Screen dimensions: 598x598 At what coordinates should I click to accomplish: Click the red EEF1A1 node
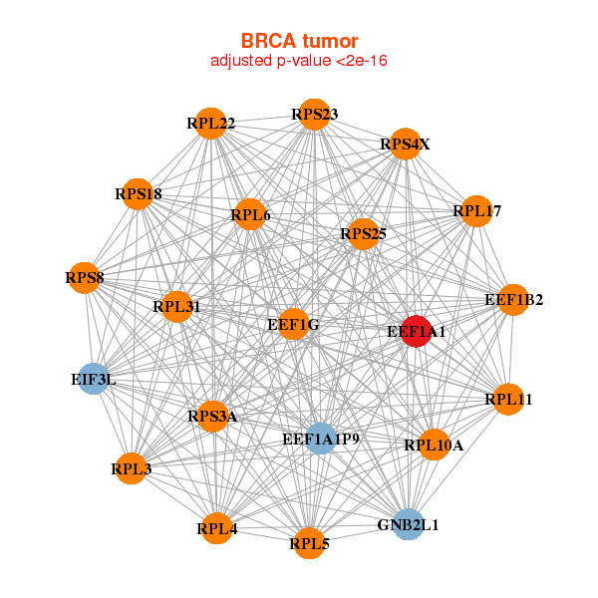point(416,331)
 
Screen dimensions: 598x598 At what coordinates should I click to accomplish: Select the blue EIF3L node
point(93,379)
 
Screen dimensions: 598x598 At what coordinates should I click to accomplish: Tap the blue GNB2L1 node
point(408,523)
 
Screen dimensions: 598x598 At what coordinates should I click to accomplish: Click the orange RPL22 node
point(209,124)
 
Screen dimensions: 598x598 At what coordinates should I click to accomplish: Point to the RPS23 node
point(314,114)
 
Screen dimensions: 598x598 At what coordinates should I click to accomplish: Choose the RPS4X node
point(405,145)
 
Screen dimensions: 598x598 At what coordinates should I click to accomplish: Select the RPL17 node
point(477,211)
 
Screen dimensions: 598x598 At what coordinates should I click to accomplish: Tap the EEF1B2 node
point(513,299)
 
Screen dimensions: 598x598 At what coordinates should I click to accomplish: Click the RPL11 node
point(508,400)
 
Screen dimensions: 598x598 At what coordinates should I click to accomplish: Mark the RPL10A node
point(434,445)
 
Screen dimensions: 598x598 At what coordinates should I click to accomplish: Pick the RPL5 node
point(309,543)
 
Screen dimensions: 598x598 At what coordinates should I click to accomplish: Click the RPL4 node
point(216,528)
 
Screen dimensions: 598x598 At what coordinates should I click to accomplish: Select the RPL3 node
point(131,467)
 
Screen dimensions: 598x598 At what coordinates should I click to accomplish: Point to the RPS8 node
point(85,277)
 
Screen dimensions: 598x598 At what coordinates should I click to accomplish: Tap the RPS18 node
point(139,193)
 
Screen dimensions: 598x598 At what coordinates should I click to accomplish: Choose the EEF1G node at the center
point(293,324)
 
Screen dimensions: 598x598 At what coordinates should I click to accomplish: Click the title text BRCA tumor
point(299,41)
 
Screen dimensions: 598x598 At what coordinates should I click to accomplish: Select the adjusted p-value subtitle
point(299,61)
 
